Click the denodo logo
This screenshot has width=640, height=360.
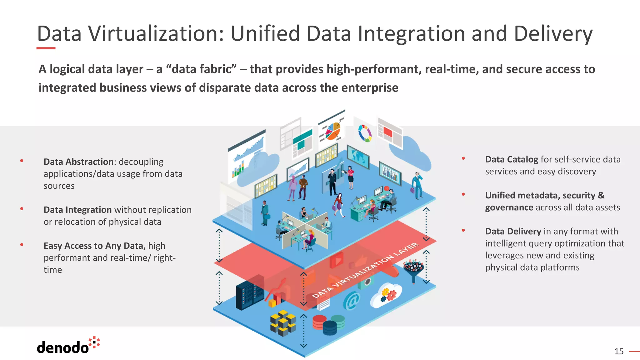tap(68, 346)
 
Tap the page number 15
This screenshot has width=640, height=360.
tap(619, 352)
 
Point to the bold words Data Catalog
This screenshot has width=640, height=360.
tap(511, 160)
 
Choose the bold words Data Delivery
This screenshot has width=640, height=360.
tap(513, 232)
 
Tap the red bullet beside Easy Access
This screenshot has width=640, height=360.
tap(22, 245)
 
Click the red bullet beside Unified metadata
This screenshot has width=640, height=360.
tap(463, 194)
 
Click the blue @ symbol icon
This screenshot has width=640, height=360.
tap(351, 301)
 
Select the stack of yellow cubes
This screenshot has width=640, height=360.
tap(283, 323)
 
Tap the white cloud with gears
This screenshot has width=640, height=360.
tap(386, 295)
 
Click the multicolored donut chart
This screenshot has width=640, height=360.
tap(365, 133)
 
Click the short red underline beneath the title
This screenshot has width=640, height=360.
tap(46, 48)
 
